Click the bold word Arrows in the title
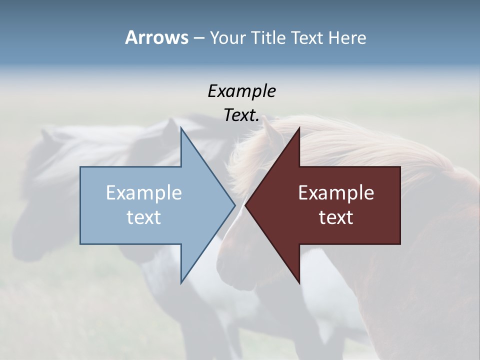pos(156,37)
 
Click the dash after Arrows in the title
pos(198,38)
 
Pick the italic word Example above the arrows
pos(241,91)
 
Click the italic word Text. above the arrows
pos(241,115)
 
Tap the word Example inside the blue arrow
pos(143,192)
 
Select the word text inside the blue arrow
pos(143,217)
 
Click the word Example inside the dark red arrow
pos(336,192)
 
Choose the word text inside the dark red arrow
pos(336,217)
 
